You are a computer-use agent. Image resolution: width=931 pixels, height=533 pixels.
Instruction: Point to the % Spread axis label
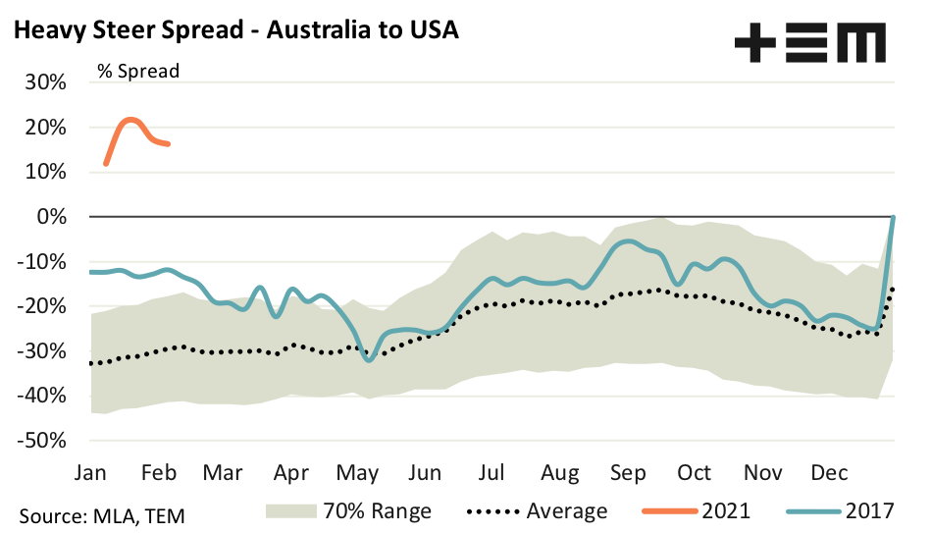pos(137,71)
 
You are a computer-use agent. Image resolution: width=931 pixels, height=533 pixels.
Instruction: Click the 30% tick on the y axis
pos(44,81)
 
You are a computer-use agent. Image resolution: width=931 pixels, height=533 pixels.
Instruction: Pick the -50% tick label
pos(40,441)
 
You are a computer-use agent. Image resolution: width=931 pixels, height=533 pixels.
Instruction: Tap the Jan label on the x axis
pos(90,473)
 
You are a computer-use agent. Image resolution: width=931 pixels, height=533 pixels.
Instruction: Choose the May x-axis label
pos(358,473)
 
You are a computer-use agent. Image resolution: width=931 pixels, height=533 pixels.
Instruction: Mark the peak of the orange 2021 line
pos(130,120)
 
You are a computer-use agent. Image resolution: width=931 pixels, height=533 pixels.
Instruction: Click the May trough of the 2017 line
pos(368,360)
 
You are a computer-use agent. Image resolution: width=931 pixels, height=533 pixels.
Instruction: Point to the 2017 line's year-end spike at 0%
pos(893,217)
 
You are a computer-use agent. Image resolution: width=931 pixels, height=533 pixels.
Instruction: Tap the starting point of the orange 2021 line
pos(105,164)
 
